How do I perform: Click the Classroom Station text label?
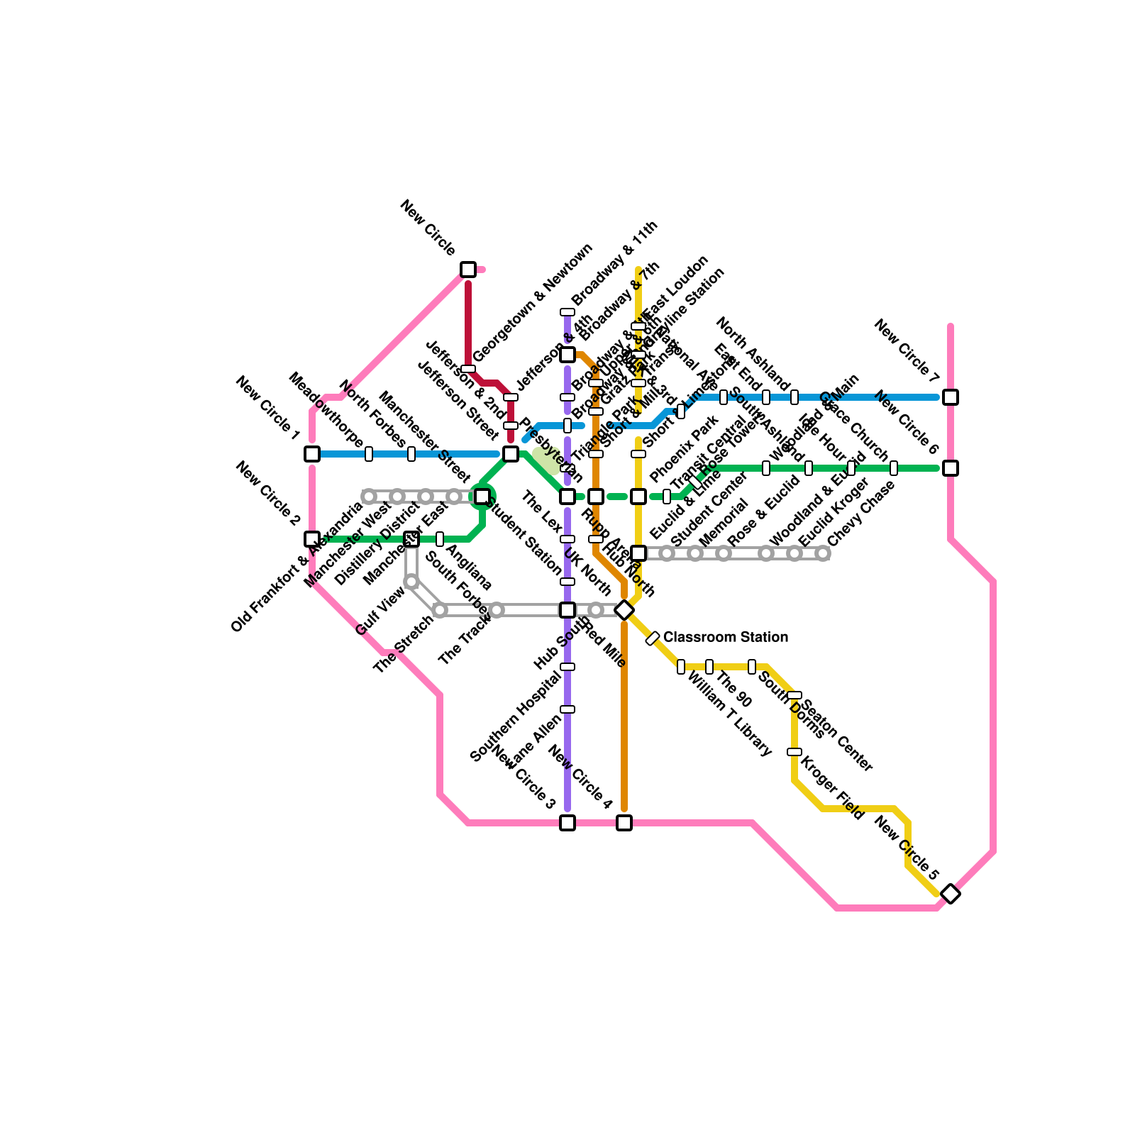pos(725,637)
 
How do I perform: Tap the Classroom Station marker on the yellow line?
pos(653,638)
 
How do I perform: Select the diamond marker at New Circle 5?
pos(951,894)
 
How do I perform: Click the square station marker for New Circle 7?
pos(951,397)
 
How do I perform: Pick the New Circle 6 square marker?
pos(951,468)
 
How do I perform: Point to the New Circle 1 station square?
pos(312,454)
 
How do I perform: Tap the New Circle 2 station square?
pos(312,539)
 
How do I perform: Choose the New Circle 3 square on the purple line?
pos(567,823)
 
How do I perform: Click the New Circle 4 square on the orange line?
pos(624,823)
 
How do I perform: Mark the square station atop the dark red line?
pos(468,270)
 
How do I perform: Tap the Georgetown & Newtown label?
pos(532,303)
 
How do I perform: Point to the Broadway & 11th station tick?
pos(567,312)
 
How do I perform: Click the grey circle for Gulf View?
pos(411,582)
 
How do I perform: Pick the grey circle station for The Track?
pos(497,610)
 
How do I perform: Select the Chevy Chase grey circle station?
pos(823,553)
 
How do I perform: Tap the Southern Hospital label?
pos(516,716)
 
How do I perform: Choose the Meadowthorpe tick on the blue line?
pos(369,454)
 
